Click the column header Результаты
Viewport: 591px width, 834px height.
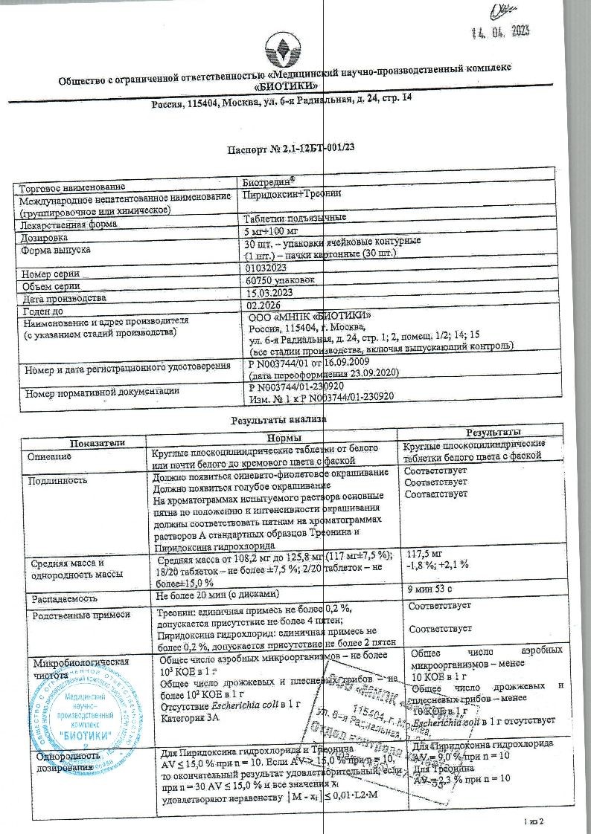492,433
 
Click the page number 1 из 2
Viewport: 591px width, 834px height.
534,821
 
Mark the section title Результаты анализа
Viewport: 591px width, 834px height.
280,419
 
